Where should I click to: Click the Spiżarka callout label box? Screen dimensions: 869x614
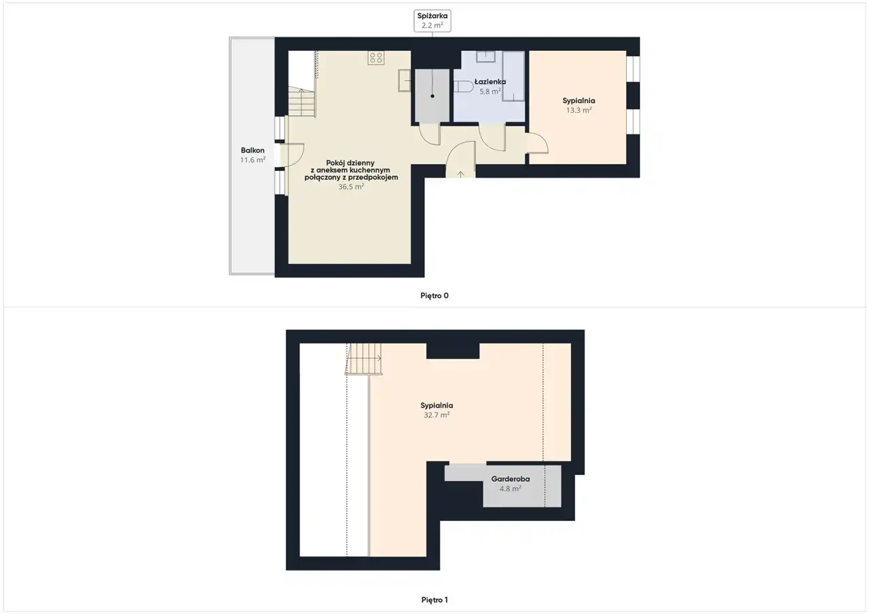[x=432, y=20]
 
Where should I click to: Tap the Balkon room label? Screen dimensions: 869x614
[x=253, y=150]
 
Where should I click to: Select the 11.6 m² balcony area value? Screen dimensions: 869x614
[x=253, y=159]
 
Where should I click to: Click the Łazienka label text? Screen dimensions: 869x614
[x=490, y=82]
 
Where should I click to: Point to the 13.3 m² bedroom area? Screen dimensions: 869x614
[x=578, y=110]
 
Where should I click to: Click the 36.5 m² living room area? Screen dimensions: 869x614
[x=351, y=187]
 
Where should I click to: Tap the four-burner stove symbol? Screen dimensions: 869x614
[x=376, y=58]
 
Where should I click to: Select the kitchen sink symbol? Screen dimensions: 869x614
[x=404, y=81]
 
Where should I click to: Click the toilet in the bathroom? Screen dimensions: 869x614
[x=463, y=86]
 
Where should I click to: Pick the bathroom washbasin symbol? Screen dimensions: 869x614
[x=485, y=56]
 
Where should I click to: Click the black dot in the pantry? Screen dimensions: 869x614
[x=432, y=96]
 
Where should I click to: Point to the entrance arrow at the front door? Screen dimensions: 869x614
[x=460, y=174]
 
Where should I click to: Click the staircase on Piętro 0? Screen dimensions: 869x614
[x=302, y=102]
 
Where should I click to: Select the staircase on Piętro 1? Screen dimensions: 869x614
[x=364, y=359]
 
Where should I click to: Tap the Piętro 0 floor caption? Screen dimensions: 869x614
[x=434, y=296]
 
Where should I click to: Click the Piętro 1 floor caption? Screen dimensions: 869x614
[x=434, y=600]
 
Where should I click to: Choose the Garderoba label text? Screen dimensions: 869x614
[x=510, y=479]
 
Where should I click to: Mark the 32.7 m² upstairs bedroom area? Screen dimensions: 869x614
[x=437, y=415]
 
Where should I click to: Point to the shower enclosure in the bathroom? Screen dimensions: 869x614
[x=513, y=76]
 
